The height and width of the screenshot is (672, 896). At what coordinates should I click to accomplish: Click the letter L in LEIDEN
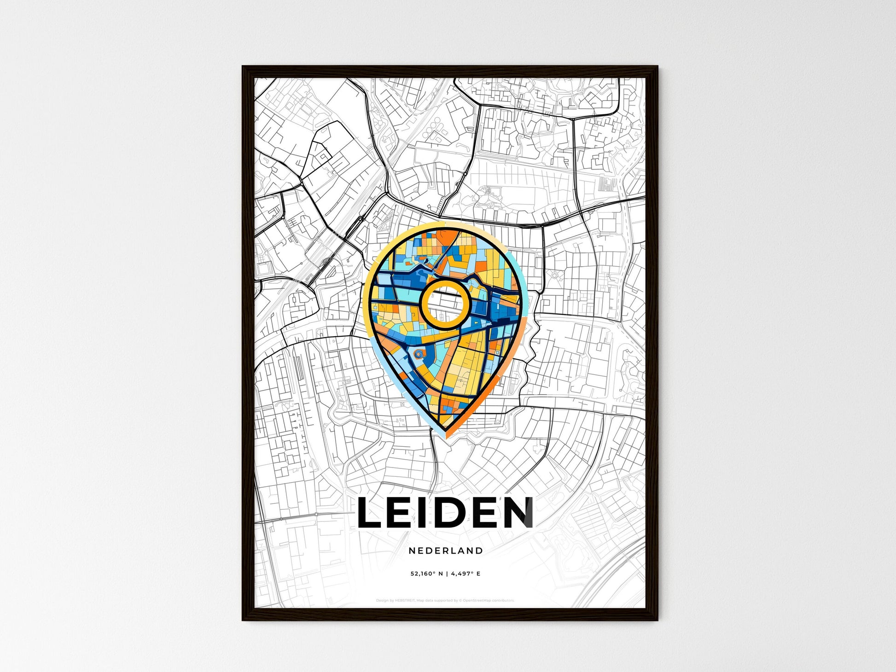click(371, 512)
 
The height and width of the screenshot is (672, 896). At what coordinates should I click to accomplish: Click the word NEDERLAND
click(445, 550)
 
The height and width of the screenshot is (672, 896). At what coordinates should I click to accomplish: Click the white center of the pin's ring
click(445, 304)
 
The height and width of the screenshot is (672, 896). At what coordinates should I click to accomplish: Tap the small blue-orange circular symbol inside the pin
click(418, 354)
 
